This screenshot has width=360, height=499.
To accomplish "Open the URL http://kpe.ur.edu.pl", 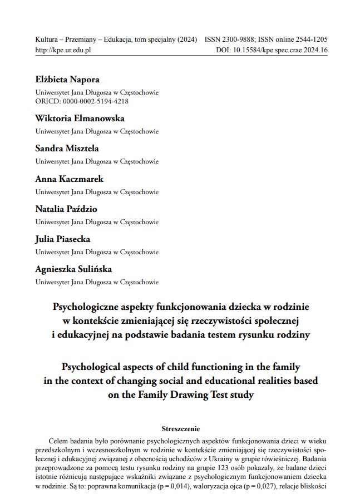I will (63, 50).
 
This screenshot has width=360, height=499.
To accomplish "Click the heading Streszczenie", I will (180, 429).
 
